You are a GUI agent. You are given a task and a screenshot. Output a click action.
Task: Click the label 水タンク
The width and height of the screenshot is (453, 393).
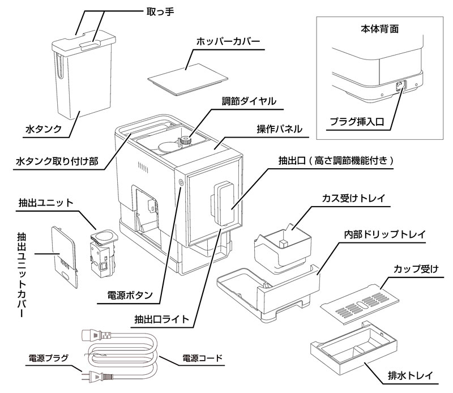click(x=43, y=130)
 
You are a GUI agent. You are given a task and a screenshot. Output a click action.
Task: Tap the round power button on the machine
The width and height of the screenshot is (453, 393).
click(x=181, y=183)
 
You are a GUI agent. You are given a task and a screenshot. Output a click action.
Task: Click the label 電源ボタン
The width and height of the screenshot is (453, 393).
click(x=130, y=295)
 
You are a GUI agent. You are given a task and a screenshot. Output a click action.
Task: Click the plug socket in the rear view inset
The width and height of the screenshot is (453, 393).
click(x=398, y=86)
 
